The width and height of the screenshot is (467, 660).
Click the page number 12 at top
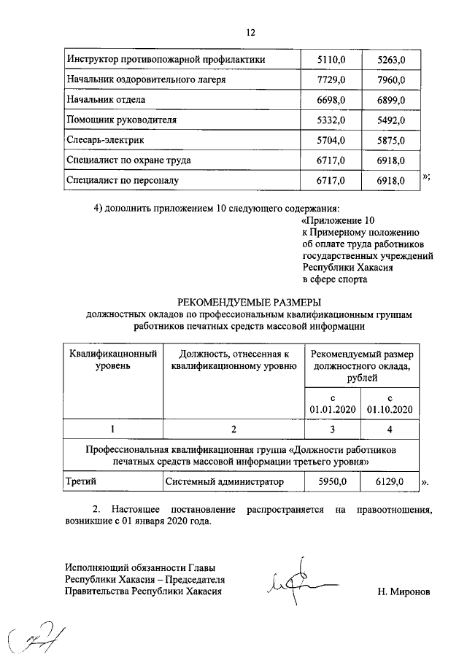tap(250, 32)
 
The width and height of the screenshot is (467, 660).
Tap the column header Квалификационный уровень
tap(113, 360)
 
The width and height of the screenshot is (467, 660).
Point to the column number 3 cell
tap(332, 429)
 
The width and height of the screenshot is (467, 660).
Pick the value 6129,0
tap(390, 481)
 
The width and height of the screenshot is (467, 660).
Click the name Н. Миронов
tap(404, 591)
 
